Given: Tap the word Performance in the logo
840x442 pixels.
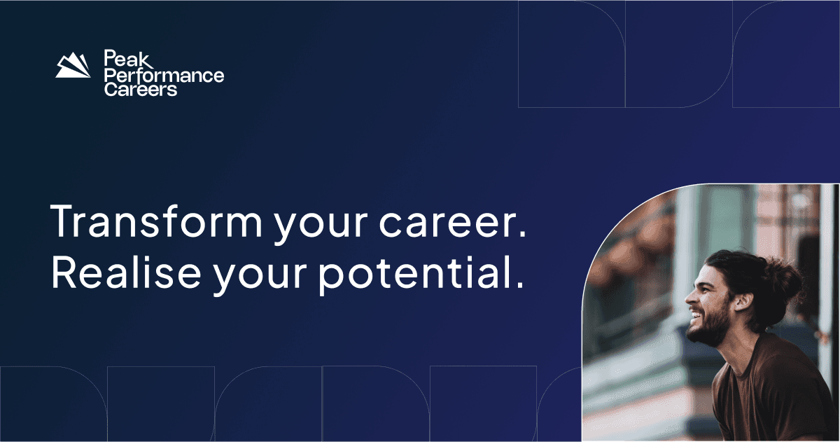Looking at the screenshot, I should (x=163, y=74).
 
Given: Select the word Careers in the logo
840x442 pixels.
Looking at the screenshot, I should (x=140, y=90).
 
